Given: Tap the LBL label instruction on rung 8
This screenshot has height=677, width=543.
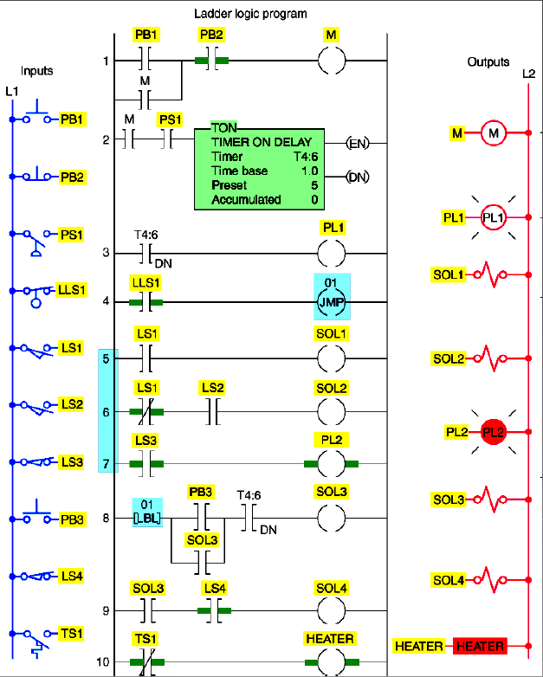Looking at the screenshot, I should (147, 512).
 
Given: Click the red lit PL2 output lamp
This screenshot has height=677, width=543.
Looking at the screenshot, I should (493, 431).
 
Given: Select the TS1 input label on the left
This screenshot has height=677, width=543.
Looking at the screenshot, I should (71, 634).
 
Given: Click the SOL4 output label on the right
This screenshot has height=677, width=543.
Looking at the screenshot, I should (449, 579).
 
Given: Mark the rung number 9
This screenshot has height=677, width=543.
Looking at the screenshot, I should (106, 611).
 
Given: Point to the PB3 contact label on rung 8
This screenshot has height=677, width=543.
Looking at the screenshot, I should (201, 492).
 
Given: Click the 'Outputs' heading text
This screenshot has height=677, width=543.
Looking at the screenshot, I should (488, 62).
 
